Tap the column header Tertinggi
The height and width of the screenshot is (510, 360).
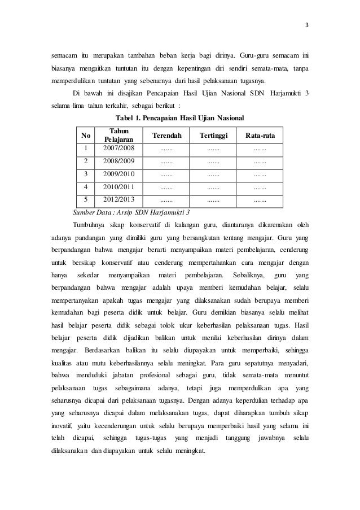click(x=213, y=136)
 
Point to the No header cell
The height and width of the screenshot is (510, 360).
click(x=85, y=136)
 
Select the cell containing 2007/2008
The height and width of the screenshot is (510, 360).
click(x=119, y=149)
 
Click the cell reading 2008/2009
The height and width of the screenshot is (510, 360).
click(x=119, y=162)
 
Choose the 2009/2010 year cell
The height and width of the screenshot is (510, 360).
click(x=119, y=174)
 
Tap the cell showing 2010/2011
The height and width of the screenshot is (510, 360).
click(x=119, y=186)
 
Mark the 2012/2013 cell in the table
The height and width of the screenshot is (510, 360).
click(x=119, y=199)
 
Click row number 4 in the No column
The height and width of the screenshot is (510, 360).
click(x=85, y=186)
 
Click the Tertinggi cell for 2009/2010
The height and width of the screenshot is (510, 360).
click(x=213, y=174)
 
